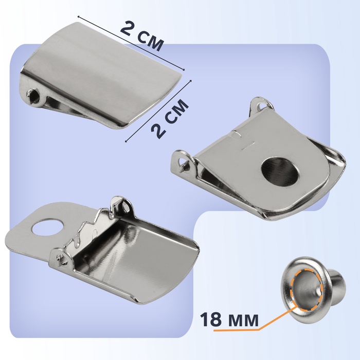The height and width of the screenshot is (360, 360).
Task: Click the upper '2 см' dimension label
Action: (x=142, y=35)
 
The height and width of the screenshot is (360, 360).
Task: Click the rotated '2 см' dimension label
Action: (x=170, y=119)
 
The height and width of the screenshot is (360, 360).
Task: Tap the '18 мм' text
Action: (x=229, y=319)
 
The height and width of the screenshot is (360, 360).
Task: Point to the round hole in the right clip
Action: (x=281, y=171)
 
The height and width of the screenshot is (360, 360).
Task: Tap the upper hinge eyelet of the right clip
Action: (x=262, y=104)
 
